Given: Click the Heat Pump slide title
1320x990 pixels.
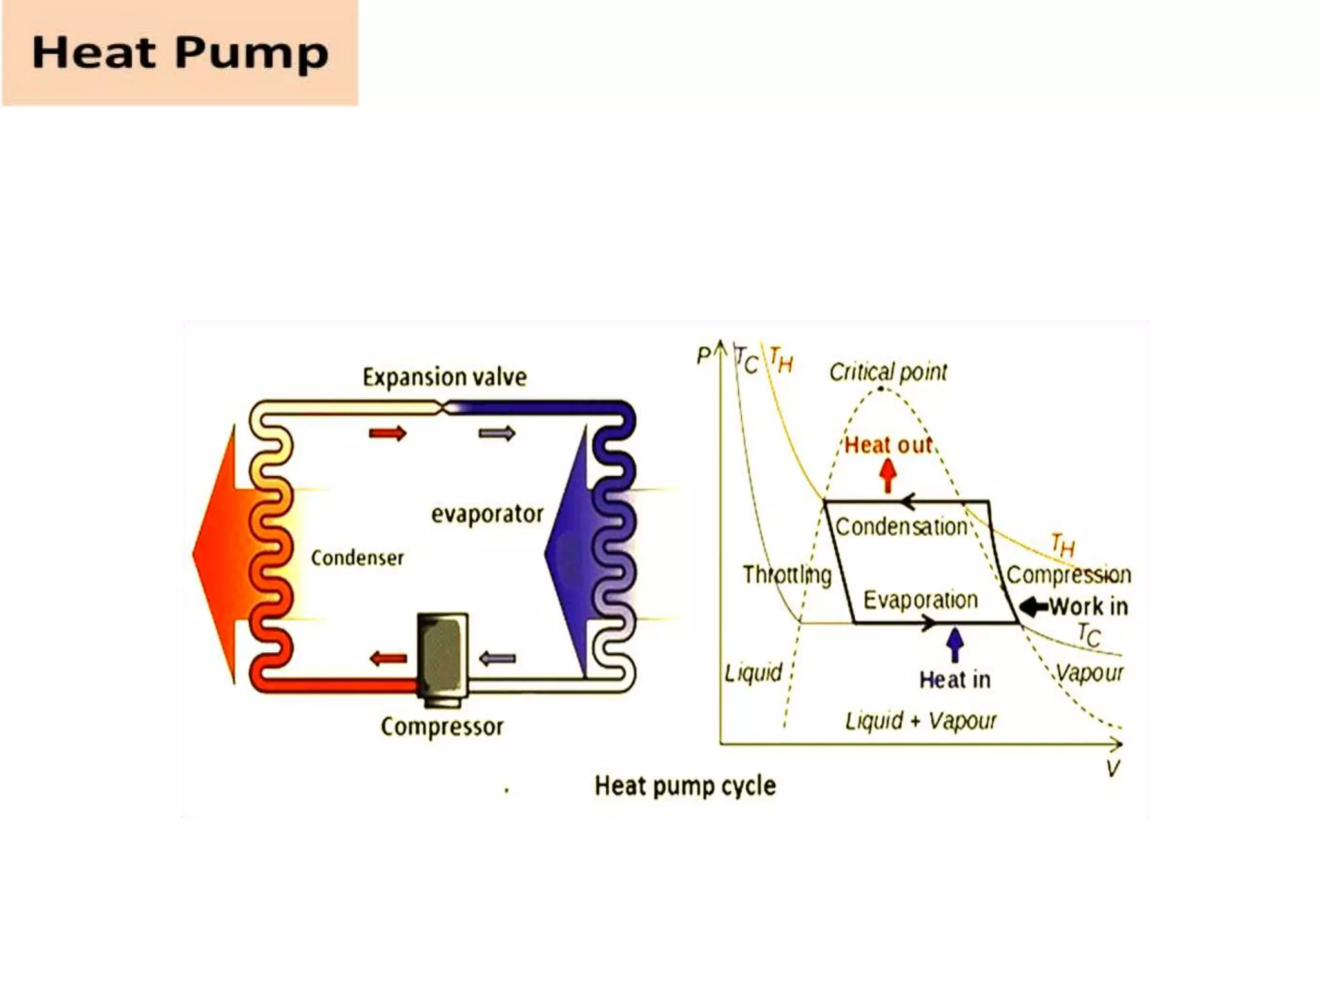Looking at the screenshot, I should pos(180,52).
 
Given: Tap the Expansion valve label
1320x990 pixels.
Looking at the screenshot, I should pos(444,377).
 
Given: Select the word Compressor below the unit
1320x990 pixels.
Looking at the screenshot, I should pos(442,726).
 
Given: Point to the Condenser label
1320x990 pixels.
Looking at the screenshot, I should pos(357,558).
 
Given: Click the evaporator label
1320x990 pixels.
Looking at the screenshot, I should pos(487,514).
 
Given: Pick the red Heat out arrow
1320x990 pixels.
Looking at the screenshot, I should pos(888,476).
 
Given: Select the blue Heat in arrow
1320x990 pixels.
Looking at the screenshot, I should pos(955,645).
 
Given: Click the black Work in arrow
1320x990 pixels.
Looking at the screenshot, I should pos(1033,607).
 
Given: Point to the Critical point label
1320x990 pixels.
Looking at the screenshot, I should pos(888,372).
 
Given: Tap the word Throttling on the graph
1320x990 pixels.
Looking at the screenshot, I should pos(787,574).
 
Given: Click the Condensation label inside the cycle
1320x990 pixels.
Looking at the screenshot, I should pos(901,527).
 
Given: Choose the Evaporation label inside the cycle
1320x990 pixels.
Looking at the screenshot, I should pos(920,600).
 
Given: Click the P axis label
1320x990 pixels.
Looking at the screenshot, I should pos(703,355).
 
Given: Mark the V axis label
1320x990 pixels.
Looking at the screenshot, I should pos(1112,768).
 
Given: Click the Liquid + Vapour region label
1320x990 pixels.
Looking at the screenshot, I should pos(920,721).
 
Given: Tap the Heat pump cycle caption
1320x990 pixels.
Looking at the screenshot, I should pos(684,786).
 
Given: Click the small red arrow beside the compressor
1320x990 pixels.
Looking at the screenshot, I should pos(389,659).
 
